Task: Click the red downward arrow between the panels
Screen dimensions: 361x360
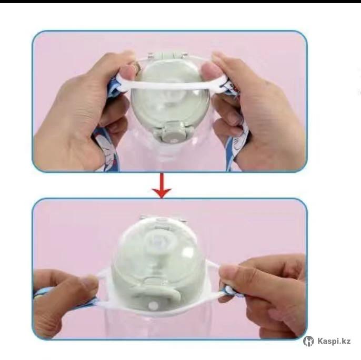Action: (x=162, y=186)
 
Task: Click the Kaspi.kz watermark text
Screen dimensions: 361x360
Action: (x=334, y=341)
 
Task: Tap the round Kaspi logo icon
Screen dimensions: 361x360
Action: (x=308, y=341)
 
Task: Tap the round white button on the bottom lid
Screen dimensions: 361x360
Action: (x=154, y=306)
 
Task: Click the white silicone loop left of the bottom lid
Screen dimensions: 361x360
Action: (x=104, y=287)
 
